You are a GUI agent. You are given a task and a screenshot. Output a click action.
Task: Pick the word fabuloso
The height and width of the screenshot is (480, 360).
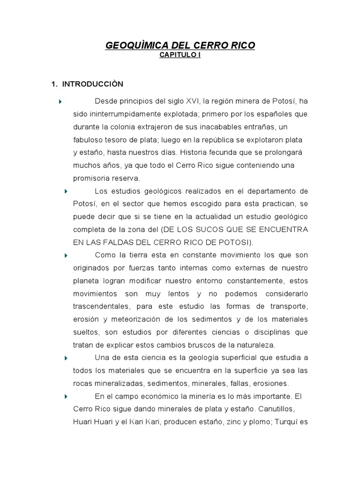point(89,140)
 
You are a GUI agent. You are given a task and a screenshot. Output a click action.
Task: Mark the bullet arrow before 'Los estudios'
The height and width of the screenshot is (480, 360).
point(66,191)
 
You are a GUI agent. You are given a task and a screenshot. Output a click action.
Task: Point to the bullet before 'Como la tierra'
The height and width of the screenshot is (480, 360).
point(66,255)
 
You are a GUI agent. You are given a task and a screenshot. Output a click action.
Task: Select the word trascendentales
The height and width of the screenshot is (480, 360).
point(101,306)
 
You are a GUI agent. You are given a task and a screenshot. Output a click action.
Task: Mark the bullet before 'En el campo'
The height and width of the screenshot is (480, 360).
point(66,396)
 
